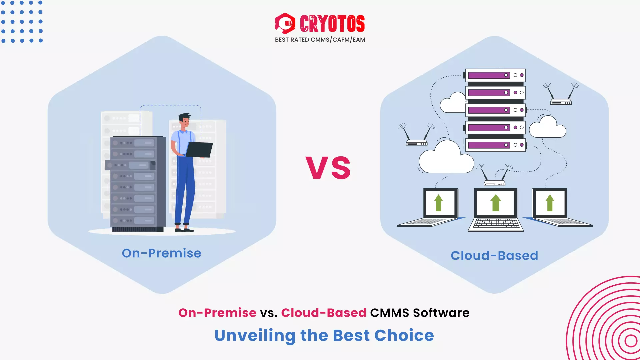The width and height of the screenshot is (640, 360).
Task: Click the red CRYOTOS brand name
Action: [x=332, y=24]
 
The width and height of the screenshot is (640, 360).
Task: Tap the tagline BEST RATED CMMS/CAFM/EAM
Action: [x=320, y=40]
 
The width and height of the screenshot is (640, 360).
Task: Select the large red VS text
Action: [x=328, y=168]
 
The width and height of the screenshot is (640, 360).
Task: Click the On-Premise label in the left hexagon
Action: [x=162, y=253]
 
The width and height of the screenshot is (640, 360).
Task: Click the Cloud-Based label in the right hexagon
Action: [x=494, y=256]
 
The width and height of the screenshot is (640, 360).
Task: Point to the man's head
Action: [x=184, y=121]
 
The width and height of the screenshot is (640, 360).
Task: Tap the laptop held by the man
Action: [x=199, y=150]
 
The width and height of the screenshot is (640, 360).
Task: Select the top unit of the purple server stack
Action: [x=495, y=75]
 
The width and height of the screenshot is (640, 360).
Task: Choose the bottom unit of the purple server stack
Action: [x=495, y=145]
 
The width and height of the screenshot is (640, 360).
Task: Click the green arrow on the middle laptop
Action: [x=496, y=203]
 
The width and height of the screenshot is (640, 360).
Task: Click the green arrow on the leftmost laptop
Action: [x=439, y=203]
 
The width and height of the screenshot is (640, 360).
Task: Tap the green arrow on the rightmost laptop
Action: [x=550, y=203]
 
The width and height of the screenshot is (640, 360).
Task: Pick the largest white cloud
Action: [x=446, y=158]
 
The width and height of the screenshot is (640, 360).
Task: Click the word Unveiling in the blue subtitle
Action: [x=255, y=336]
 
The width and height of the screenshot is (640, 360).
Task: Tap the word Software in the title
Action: [x=441, y=313]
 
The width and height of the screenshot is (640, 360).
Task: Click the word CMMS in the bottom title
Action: [x=389, y=313]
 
